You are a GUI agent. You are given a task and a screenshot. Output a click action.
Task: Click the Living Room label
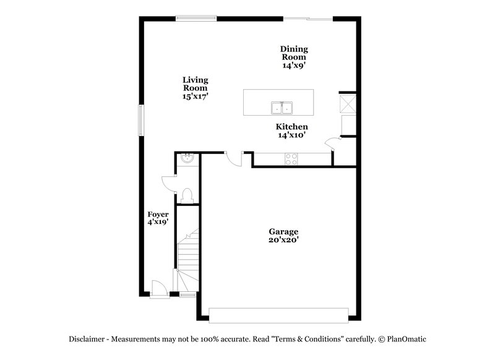195,88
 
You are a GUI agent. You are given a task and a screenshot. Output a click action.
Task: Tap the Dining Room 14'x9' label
294,57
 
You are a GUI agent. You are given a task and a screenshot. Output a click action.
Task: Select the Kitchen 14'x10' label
292,131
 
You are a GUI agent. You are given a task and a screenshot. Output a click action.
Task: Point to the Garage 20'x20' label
283,236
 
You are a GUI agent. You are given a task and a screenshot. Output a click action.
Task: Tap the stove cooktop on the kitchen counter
291,159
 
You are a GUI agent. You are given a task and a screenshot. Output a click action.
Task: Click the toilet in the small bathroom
188,195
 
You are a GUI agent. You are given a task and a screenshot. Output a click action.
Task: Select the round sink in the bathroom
187,160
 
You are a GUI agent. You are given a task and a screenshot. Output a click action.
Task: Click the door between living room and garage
235,158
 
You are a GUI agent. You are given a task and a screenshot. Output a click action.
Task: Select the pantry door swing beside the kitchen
333,144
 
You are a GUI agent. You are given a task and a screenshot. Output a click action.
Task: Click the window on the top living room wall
196,18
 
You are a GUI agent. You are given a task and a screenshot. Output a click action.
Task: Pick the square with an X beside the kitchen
348,103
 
